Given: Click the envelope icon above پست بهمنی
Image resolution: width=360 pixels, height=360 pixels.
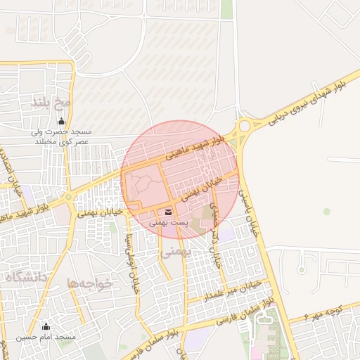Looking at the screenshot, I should coord(169,212).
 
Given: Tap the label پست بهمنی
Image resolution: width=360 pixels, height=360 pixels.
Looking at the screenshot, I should coord(169,223).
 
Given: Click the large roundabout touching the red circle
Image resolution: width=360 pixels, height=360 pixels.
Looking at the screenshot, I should coord(245,127).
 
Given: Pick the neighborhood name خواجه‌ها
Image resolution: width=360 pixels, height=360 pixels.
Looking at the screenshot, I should coord(89,283).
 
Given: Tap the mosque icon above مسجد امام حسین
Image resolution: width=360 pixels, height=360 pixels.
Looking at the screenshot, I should coord(46,326).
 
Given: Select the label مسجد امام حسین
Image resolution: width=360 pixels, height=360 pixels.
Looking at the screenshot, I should coord(47,337).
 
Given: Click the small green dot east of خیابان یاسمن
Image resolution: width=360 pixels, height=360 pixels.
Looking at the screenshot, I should coord(326,211).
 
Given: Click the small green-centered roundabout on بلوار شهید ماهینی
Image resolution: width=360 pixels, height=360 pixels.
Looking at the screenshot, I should coord(68,198).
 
